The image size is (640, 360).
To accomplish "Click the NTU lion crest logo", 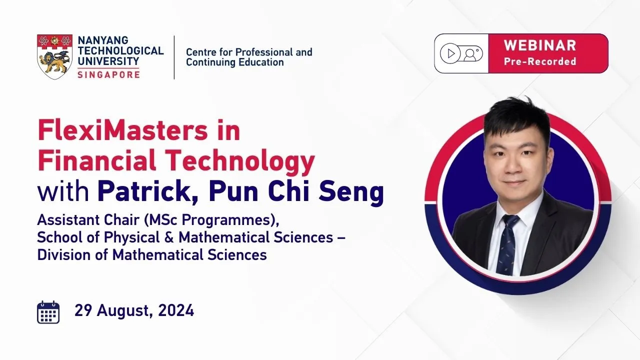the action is (54, 57).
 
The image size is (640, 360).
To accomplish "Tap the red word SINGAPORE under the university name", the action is (108, 75).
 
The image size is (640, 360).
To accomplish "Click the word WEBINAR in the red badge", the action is (539, 45).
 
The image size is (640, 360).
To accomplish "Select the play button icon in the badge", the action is (450, 53).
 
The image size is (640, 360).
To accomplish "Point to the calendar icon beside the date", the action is (48, 312).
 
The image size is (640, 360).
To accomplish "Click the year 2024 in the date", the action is (176, 310).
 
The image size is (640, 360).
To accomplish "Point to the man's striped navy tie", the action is (507, 245).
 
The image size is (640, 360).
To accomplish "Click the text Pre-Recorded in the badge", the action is (540, 61).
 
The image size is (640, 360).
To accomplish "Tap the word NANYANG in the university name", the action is (103, 40).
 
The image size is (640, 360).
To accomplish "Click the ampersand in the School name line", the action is (169, 237).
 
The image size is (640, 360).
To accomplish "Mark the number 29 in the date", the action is (83, 310).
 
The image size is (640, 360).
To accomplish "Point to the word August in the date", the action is (123, 311).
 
